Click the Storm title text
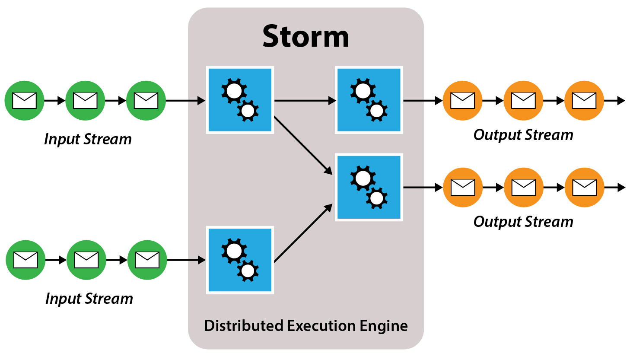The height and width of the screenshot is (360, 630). [305, 37]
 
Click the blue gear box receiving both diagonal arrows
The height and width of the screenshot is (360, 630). [369, 187]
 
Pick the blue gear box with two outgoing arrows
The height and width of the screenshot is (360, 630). [240, 100]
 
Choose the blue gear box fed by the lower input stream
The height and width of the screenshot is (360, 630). [240, 260]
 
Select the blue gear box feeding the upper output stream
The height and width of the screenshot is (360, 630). [369, 100]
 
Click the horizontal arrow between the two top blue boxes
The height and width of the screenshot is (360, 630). [305, 101]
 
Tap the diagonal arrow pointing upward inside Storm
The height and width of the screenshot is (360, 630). [302, 233]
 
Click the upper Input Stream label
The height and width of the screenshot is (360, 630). [88, 139]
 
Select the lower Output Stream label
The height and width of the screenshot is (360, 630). [523, 222]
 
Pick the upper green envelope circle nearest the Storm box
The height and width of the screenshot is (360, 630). [146, 101]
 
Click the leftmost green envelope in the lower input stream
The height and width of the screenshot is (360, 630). [25, 260]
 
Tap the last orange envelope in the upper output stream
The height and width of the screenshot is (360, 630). [584, 101]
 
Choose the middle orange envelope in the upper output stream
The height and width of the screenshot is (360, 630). [523, 101]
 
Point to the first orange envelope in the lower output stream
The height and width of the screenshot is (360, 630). [463, 187]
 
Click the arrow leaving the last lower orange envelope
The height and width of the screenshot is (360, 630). [615, 188]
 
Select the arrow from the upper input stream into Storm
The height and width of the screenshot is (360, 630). [185, 101]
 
